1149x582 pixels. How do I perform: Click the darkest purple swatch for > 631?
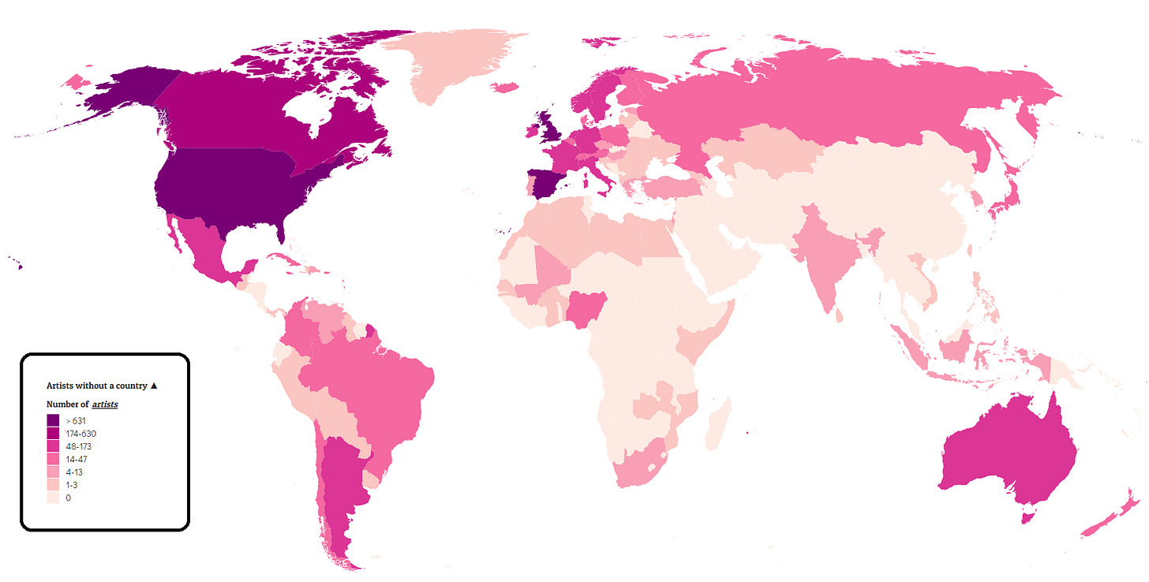(x=53, y=421)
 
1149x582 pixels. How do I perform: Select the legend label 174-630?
(x=81, y=434)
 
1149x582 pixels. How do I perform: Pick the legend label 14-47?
(x=77, y=459)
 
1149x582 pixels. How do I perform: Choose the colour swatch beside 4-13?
(x=53, y=472)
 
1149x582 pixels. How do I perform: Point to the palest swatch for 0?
(x=53, y=498)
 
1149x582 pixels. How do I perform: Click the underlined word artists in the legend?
(x=104, y=405)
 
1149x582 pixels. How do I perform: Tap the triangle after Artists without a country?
(x=154, y=386)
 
